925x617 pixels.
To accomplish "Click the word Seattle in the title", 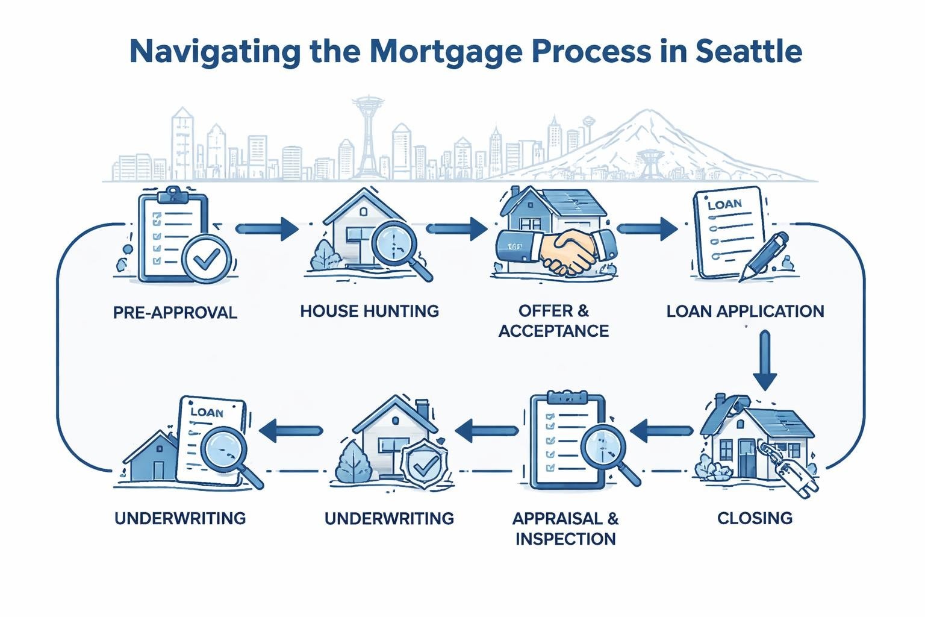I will [x=749, y=51].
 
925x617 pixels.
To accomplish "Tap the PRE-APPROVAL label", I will [x=175, y=313].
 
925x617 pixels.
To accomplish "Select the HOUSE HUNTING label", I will [x=369, y=312].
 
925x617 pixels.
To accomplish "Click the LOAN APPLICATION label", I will [x=745, y=312].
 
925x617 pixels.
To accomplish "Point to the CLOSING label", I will [x=755, y=518].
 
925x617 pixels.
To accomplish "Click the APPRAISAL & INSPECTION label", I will [x=565, y=528].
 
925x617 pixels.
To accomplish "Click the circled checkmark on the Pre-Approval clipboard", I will [x=207, y=260].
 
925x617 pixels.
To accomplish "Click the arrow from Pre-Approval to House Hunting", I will [x=267, y=229].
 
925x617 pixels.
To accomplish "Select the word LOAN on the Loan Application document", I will [x=724, y=205].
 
